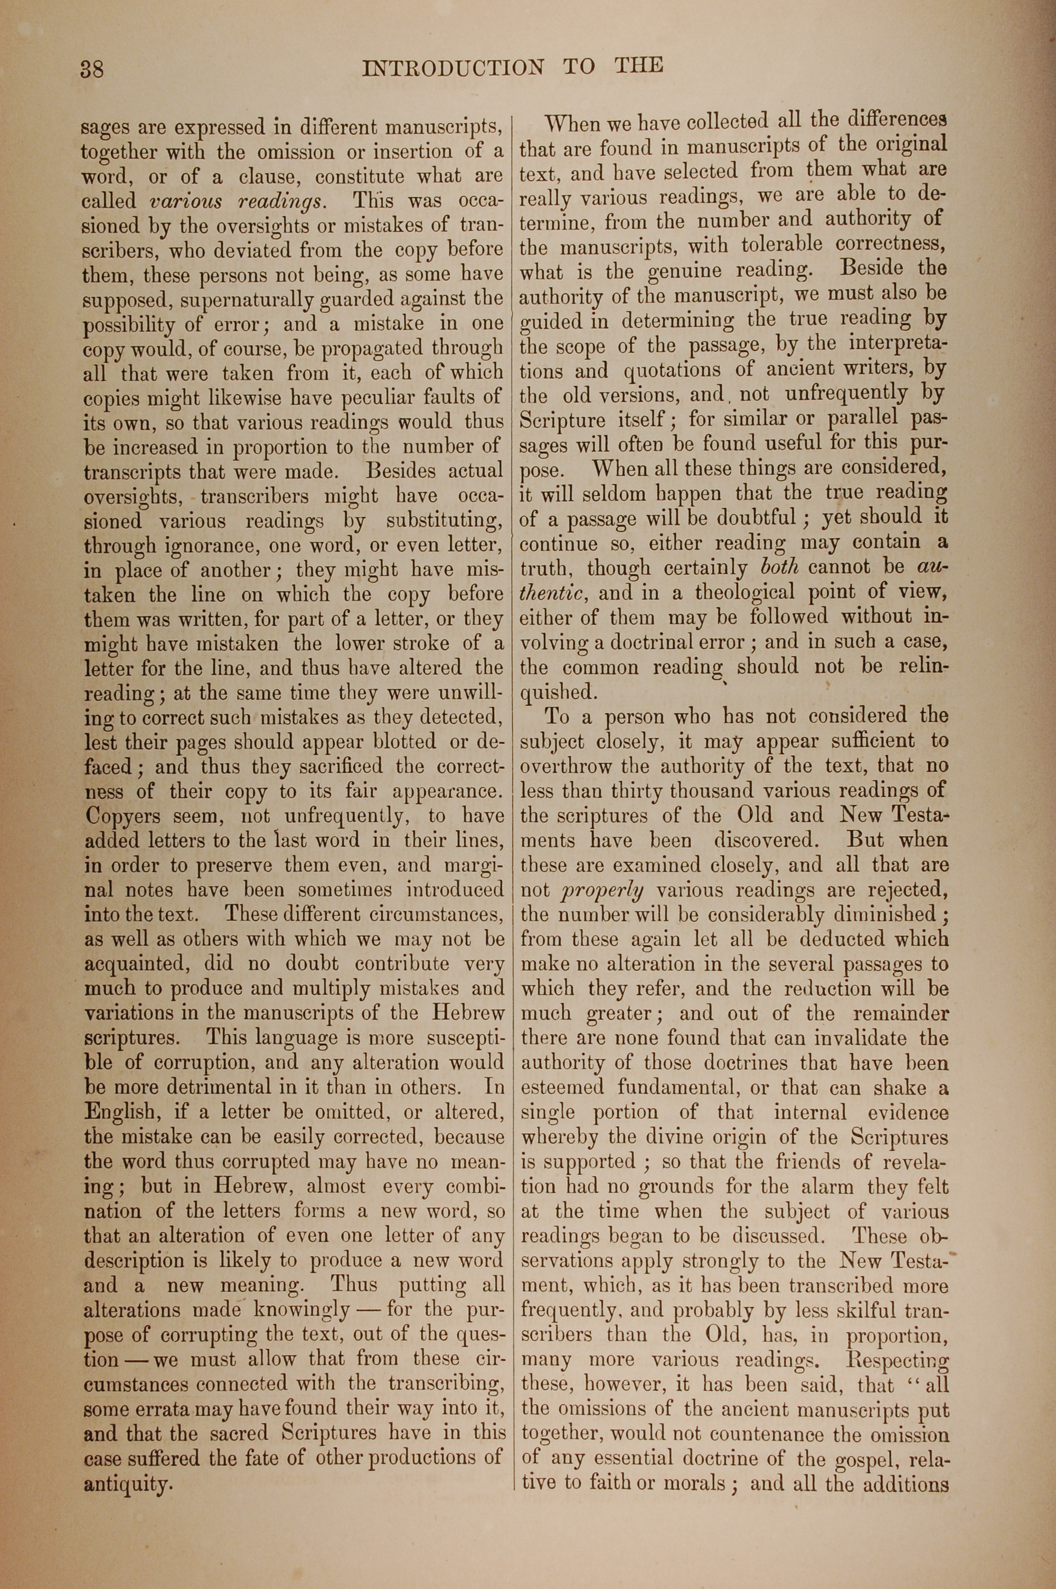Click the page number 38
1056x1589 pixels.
click(91, 69)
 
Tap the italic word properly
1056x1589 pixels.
click(601, 891)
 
